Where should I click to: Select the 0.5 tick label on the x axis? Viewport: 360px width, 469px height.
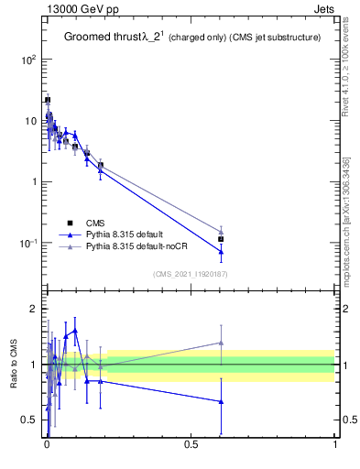191,446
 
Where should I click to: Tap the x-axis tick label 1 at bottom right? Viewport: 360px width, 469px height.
334,446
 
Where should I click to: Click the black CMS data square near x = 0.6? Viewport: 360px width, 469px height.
221,239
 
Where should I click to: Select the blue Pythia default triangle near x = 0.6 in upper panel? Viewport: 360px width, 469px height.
221,251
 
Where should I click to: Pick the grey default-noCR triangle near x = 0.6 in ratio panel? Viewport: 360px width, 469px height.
221,343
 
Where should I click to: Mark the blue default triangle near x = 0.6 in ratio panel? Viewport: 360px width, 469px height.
221,401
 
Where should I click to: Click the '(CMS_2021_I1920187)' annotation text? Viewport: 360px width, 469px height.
190,273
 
